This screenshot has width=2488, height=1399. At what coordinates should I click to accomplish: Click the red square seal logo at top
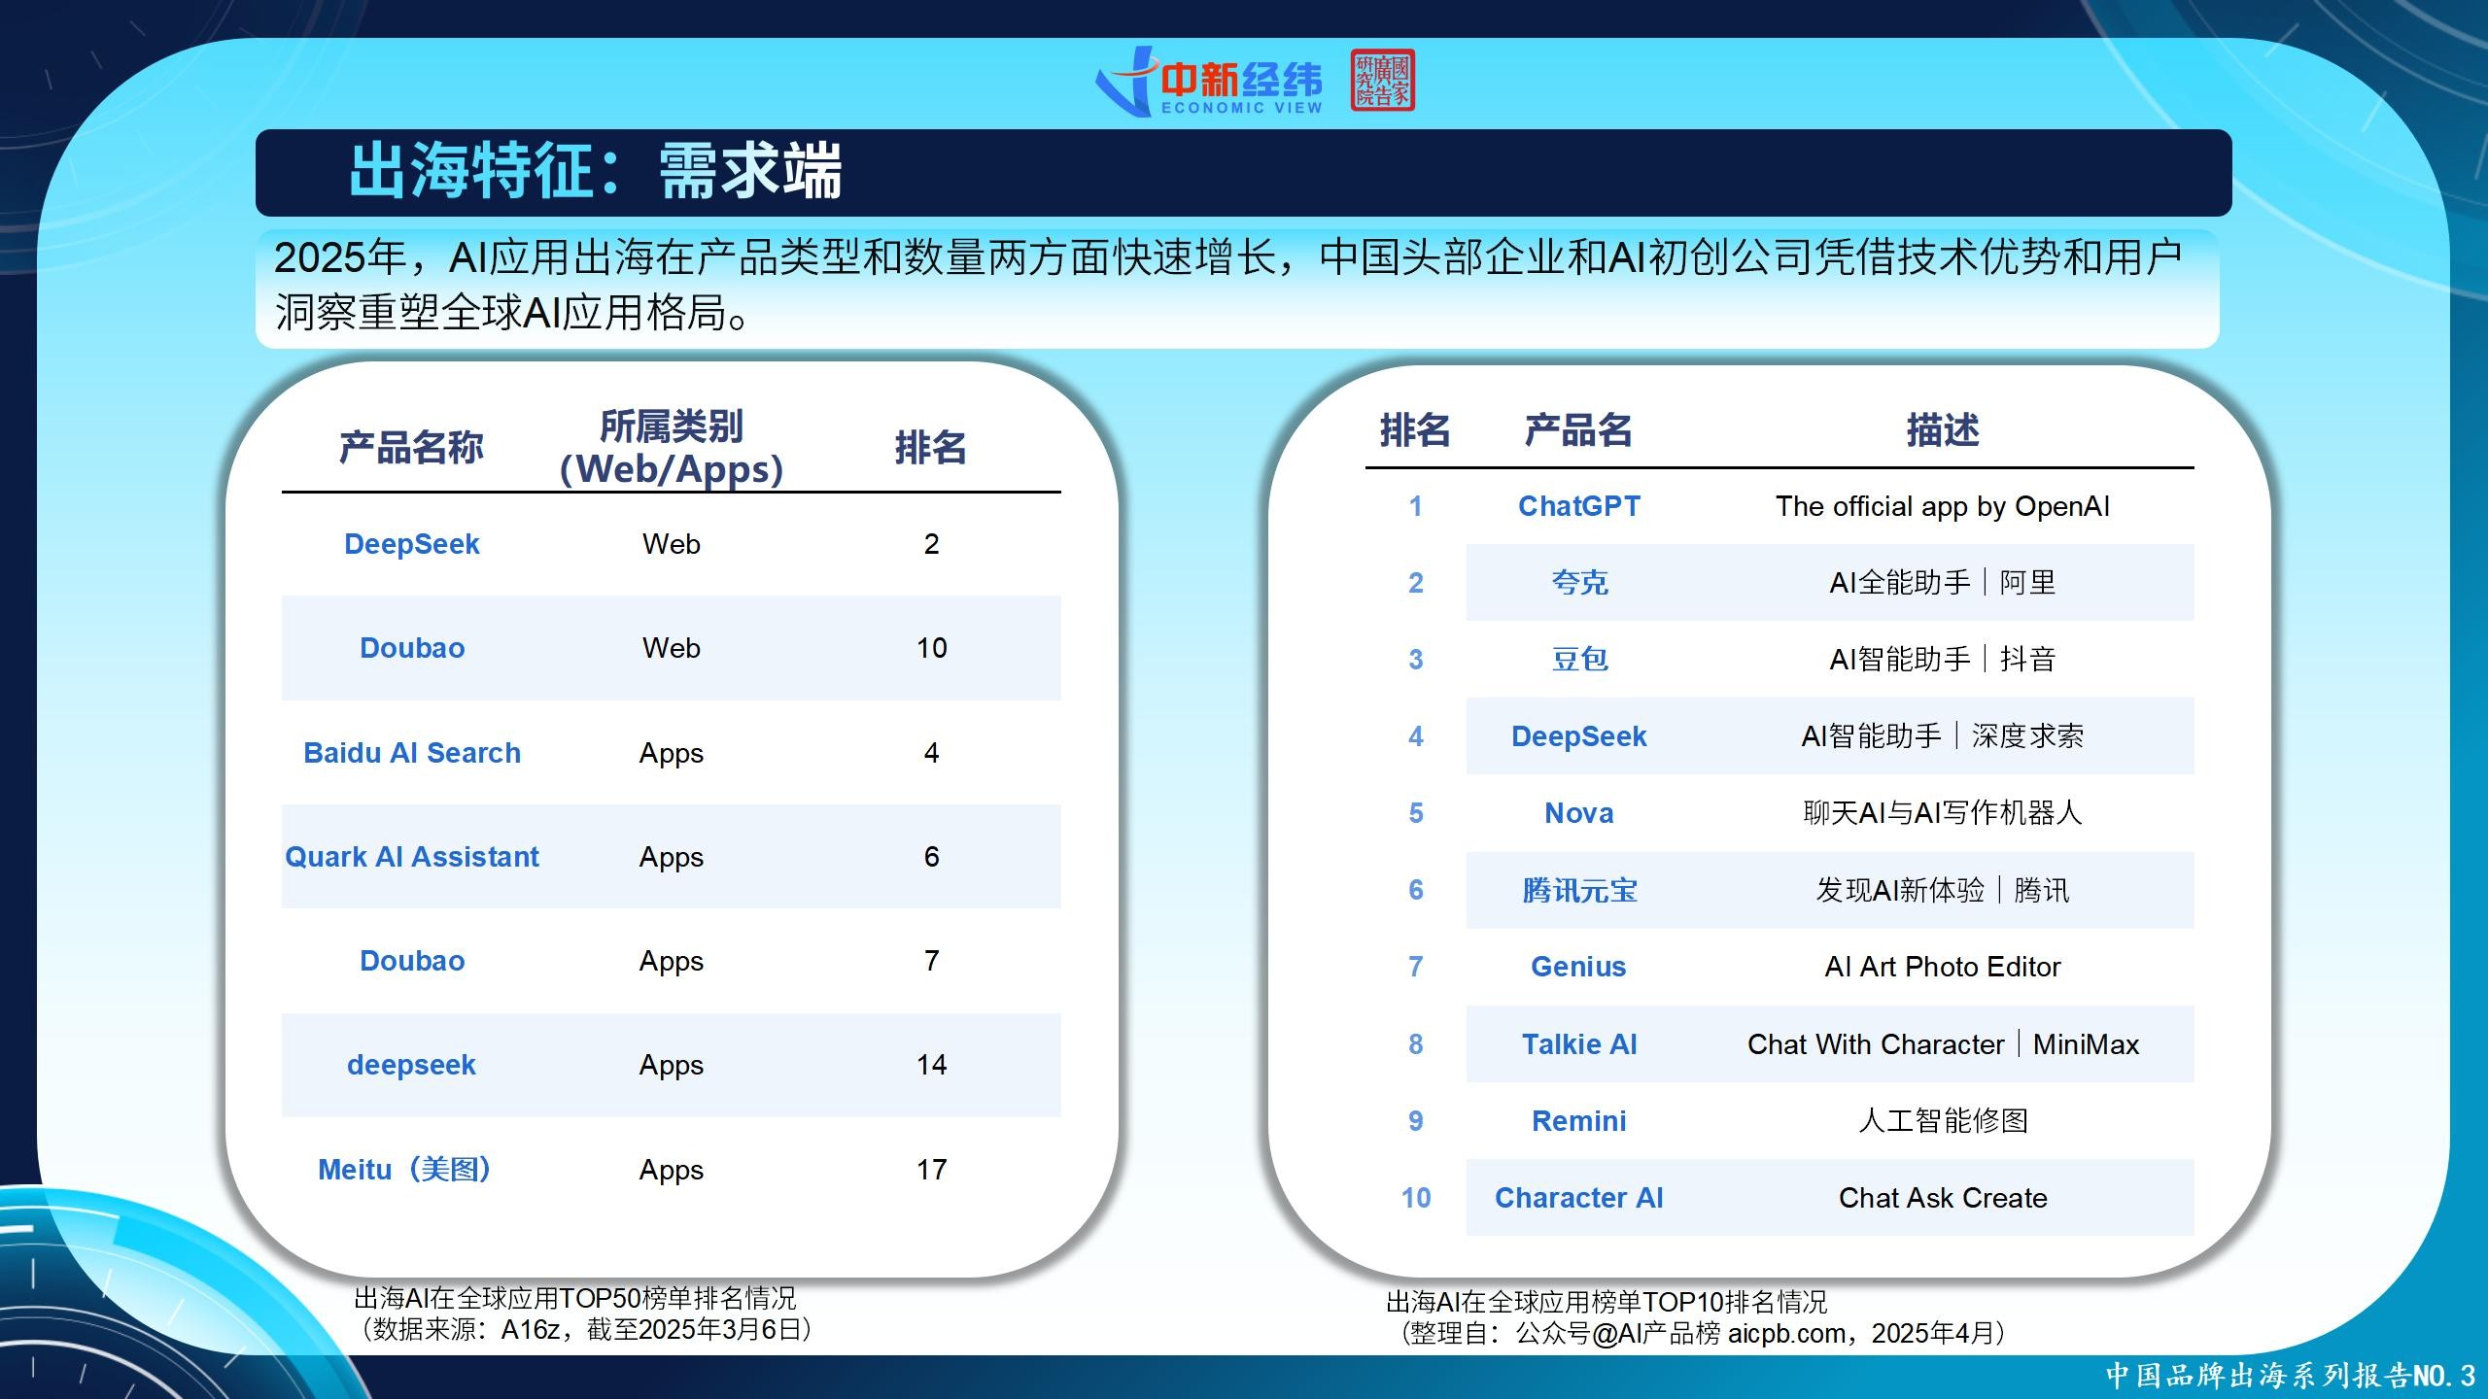point(1382,80)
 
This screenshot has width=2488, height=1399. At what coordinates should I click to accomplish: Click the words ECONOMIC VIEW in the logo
point(1242,108)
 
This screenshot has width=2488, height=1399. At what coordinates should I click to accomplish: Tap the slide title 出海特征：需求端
point(595,172)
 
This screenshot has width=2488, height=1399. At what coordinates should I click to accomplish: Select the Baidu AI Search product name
point(412,753)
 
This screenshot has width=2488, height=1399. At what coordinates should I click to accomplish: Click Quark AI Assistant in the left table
point(412,857)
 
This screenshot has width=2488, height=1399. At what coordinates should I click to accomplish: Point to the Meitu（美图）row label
point(404,1170)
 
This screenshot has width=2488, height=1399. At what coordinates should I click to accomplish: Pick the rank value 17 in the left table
point(931,1170)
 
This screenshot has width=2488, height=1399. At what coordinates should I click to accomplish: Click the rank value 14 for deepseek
point(931,1065)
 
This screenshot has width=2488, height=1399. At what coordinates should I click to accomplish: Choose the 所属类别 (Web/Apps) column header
point(672,448)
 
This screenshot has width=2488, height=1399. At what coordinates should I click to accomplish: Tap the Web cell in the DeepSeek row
point(672,544)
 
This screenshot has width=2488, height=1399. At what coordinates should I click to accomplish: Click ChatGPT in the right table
point(1579,506)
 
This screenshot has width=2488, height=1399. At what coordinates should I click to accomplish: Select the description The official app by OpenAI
point(1943,506)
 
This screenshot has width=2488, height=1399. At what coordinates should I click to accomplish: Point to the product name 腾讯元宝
point(1579,890)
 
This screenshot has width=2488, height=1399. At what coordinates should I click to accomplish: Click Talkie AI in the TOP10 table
point(1579,1044)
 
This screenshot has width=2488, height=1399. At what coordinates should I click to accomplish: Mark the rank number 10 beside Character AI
point(1416,1198)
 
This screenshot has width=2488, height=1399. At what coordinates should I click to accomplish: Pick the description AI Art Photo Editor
point(1943,967)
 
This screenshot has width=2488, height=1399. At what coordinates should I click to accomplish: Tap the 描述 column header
point(1943,429)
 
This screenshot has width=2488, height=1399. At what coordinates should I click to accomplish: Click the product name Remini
point(1579,1121)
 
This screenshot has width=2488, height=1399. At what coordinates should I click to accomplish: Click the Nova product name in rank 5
point(1579,813)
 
